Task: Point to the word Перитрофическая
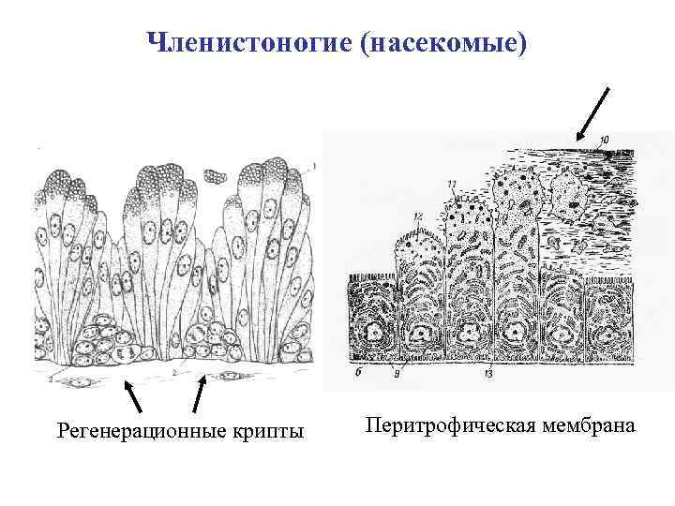click(445, 425)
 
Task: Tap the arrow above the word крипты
click(199, 394)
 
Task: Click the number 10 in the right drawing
click(604, 141)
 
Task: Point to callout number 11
click(453, 183)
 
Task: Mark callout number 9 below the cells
click(397, 374)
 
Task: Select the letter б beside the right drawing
click(359, 372)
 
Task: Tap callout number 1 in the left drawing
click(314, 167)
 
